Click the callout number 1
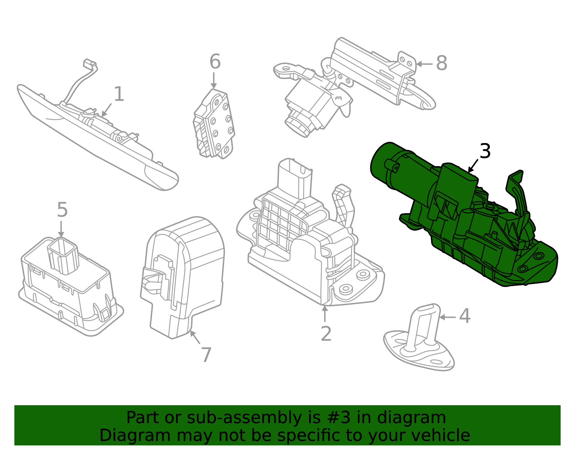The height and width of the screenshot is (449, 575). pyautogui.click(x=119, y=94)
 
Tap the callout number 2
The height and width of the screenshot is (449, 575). pyautogui.click(x=326, y=334)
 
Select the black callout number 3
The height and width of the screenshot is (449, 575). pyautogui.click(x=485, y=151)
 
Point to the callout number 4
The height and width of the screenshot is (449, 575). pyautogui.click(x=465, y=316)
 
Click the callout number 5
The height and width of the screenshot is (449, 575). pyautogui.click(x=62, y=210)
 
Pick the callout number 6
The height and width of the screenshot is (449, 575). pyautogui.click(x=215, y=62)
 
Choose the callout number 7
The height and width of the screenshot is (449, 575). pyautogui.click(x=206, y=355)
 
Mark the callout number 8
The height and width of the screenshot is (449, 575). pyautogui.click(x=441, y=63)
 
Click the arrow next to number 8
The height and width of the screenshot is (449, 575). pyautogui.click(x=424, y=64)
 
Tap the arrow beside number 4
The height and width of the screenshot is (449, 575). pyautogui.click(x=447, y=317)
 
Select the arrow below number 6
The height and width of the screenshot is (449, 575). pyautogui.click(x=214, y=81)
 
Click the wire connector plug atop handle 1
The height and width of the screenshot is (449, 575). pyautogui.click(x=90, y=65)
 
